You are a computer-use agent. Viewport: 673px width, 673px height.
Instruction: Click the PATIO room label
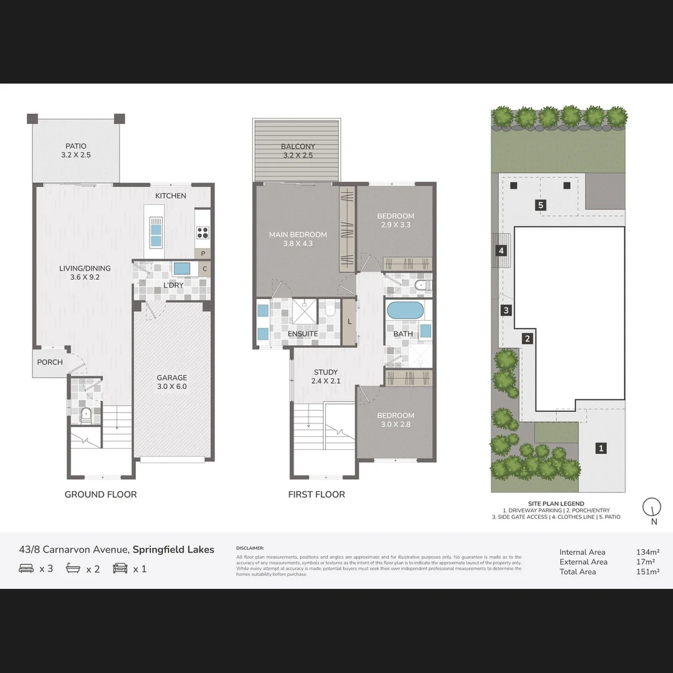(76, 151)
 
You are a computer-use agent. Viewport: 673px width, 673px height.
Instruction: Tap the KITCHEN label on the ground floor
(171, 196)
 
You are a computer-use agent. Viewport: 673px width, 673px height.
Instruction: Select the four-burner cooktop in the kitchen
(203, 232)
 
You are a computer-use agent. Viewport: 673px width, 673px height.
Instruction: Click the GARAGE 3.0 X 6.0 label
(171, 382)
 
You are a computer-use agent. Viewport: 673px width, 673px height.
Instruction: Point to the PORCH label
(50, 362)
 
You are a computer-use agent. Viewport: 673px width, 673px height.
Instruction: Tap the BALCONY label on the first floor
(298, 151)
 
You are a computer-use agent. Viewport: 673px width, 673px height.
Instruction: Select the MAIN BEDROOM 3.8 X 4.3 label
(298, 239)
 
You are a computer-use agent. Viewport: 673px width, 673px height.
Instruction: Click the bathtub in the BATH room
(405, 310)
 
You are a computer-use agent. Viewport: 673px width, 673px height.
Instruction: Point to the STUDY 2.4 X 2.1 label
(325, 376)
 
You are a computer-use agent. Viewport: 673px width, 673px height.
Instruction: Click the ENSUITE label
(303, 334)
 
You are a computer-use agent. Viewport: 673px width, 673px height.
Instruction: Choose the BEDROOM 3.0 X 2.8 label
(395, 420)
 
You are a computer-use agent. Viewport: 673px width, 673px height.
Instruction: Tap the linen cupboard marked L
(350, 321)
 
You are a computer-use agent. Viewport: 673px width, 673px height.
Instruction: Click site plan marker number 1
(601, 447)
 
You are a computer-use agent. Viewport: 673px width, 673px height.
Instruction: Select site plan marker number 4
(501, 251)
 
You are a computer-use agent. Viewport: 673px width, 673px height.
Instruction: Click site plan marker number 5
(541, 204)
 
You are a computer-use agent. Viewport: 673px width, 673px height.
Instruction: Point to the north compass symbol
(652, 508)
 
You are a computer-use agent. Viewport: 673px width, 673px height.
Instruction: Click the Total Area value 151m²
(648, 571)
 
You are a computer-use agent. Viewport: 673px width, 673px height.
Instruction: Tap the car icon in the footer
(120, 568)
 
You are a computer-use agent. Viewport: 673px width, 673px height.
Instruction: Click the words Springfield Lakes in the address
(173, 550)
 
